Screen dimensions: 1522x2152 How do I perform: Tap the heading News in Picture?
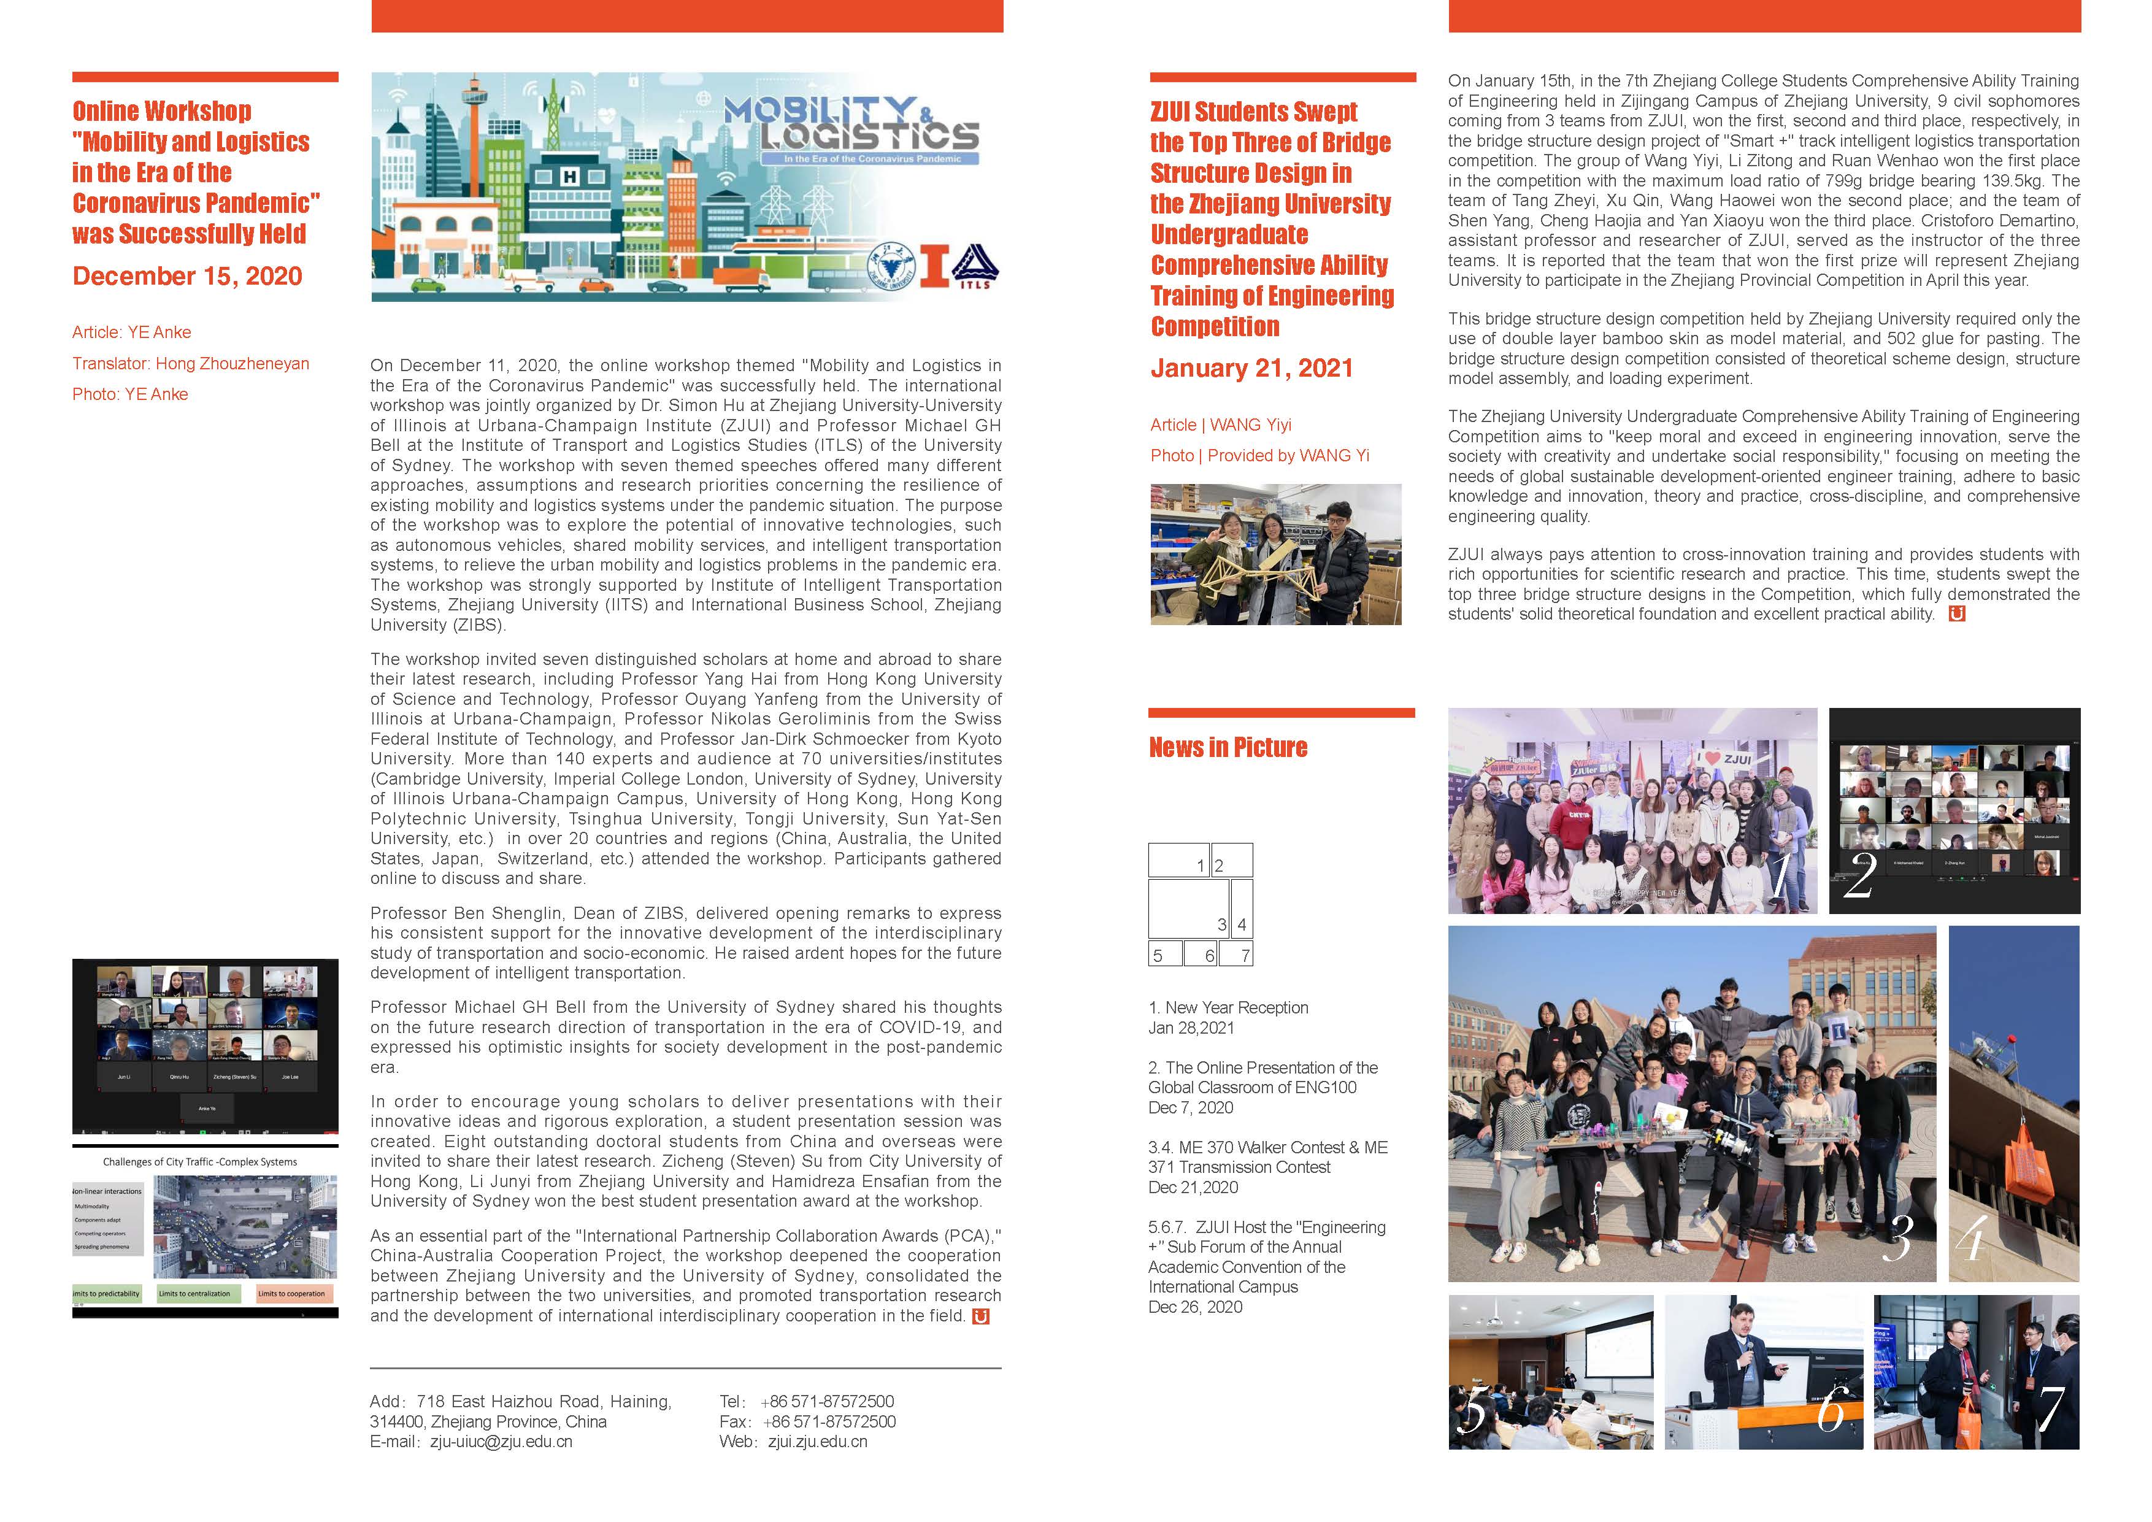pos(1228,747)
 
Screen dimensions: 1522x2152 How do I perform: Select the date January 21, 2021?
pos(1251,368)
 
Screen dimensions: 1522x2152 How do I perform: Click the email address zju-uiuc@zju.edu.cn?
pos(501,1442)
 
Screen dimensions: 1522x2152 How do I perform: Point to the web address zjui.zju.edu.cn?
pos(817,1442)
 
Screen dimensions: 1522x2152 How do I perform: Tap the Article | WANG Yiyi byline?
pos(1220,425)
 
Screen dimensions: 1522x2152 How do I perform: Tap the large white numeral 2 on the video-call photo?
pos(1859,875)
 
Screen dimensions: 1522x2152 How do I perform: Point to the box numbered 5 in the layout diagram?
pos(1163,953)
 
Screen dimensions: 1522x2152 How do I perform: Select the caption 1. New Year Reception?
pos(1228,1007)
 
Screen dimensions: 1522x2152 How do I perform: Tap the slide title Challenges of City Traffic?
pos(199,1162)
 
